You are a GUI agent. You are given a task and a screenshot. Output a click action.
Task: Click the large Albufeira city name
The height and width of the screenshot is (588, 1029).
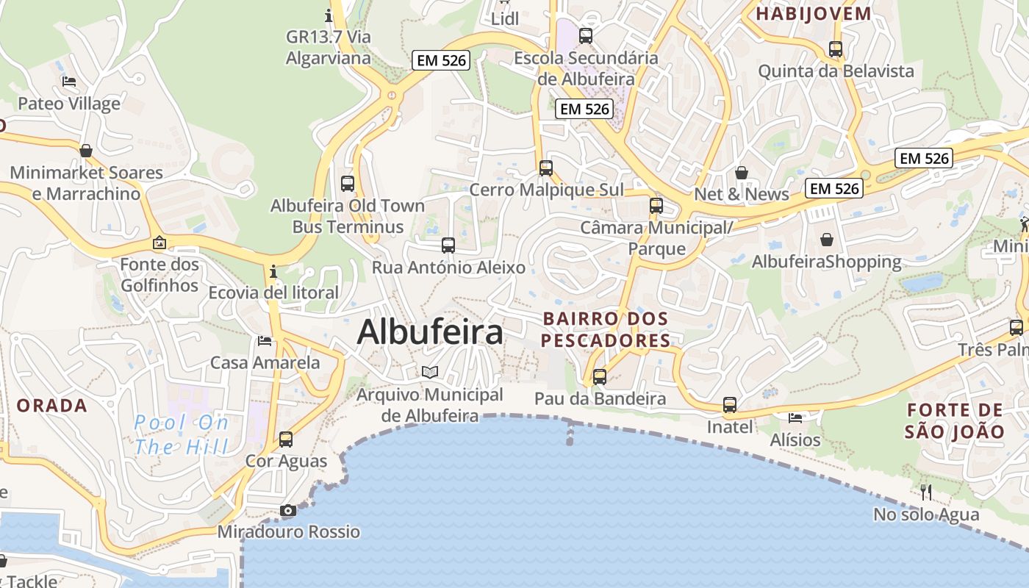[x=430, y=332]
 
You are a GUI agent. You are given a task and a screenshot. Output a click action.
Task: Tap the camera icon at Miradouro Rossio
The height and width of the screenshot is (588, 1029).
[x=288, y=510]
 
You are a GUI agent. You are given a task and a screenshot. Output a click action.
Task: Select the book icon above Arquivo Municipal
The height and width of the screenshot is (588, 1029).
[x=430, y=373]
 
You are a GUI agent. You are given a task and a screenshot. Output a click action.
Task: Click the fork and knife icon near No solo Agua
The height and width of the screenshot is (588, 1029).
[x=926, y=492]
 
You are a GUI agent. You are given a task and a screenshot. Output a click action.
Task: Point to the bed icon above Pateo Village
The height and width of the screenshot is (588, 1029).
[x=69, y=82]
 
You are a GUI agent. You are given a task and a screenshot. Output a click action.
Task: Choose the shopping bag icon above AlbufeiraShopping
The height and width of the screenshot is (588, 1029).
[x=827, y=240]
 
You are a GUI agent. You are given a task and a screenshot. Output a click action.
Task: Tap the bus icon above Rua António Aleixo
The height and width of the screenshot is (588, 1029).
[x=448, y=245]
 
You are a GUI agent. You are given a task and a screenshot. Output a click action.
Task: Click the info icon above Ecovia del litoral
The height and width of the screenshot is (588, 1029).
[x=273, y=272]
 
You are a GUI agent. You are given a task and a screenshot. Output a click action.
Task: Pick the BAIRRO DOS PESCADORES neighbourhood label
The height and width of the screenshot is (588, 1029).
[x=606, y=329]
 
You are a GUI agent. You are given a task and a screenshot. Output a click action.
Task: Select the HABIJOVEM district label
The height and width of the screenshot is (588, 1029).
[x=814, y=13]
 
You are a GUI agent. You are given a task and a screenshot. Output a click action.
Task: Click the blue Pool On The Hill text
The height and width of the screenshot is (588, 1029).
[x=182, y=434]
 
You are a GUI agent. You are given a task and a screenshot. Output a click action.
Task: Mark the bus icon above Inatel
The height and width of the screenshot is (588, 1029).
[x=730, y=405]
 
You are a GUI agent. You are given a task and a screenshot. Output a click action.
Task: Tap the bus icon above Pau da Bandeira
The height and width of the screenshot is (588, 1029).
[x=600, y=377]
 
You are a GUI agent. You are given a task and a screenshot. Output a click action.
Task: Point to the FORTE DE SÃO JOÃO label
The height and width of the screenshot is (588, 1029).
[x=954, y=420]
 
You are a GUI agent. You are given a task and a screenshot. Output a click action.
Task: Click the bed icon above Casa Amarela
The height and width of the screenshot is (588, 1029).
[x=265, y=340]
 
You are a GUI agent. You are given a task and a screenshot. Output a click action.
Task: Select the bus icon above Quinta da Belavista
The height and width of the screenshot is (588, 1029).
[x=836, y=49]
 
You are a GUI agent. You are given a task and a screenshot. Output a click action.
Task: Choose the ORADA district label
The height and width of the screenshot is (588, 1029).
[x=51, y=405]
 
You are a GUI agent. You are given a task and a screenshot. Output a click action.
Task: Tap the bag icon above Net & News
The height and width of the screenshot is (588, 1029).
[x=742, y=173]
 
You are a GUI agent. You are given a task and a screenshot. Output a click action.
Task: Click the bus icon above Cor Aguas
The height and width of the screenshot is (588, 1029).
[x=286, y=440]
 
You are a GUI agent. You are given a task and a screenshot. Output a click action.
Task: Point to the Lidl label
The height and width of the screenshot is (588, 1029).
[x=505, y=18]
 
